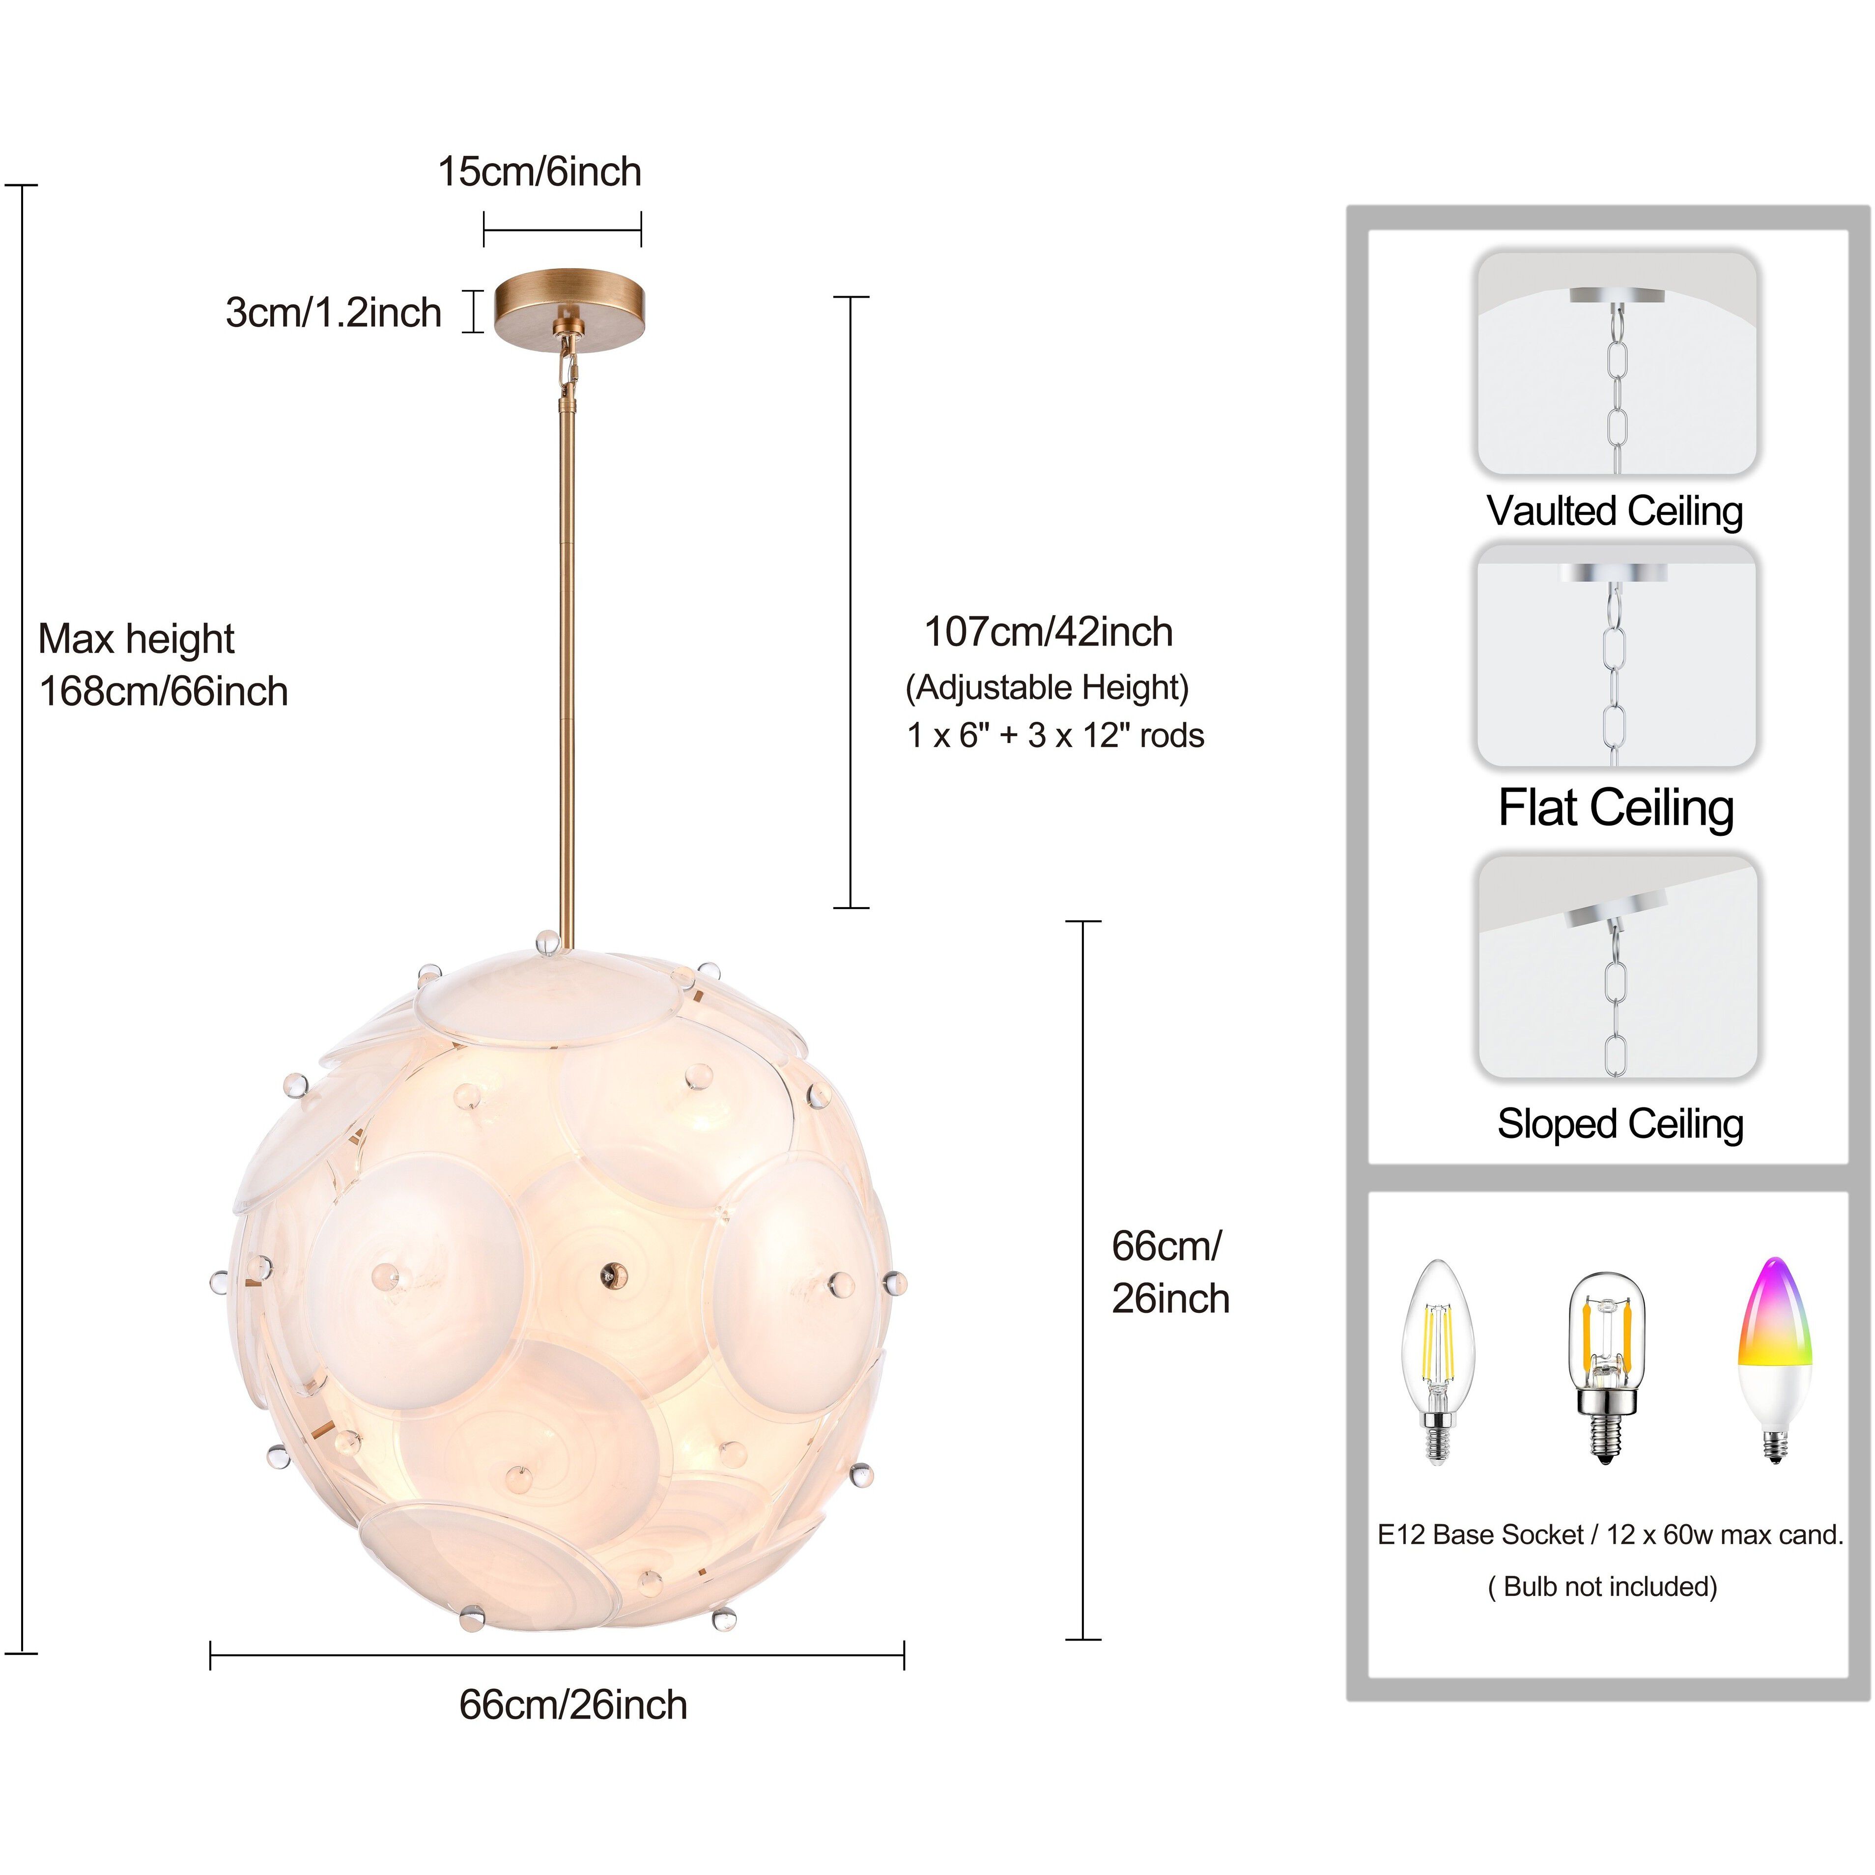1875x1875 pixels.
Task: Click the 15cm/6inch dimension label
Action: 540,172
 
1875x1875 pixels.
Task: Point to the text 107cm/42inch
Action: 1048,632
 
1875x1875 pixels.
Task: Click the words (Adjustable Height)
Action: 1046,687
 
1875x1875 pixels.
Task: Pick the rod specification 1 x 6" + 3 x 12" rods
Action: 1055,736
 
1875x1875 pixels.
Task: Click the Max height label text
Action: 136,639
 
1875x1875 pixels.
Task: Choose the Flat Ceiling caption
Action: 1615,807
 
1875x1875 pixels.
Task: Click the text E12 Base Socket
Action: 1480,1535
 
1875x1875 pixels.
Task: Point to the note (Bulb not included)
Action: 1602,1587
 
